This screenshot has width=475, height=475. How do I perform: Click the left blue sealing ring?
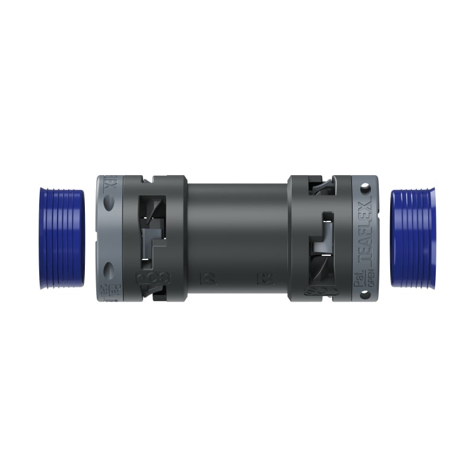62,238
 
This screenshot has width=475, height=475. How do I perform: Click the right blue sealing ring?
413,238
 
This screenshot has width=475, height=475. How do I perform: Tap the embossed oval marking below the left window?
153,277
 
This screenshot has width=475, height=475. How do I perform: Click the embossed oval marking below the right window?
321,291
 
